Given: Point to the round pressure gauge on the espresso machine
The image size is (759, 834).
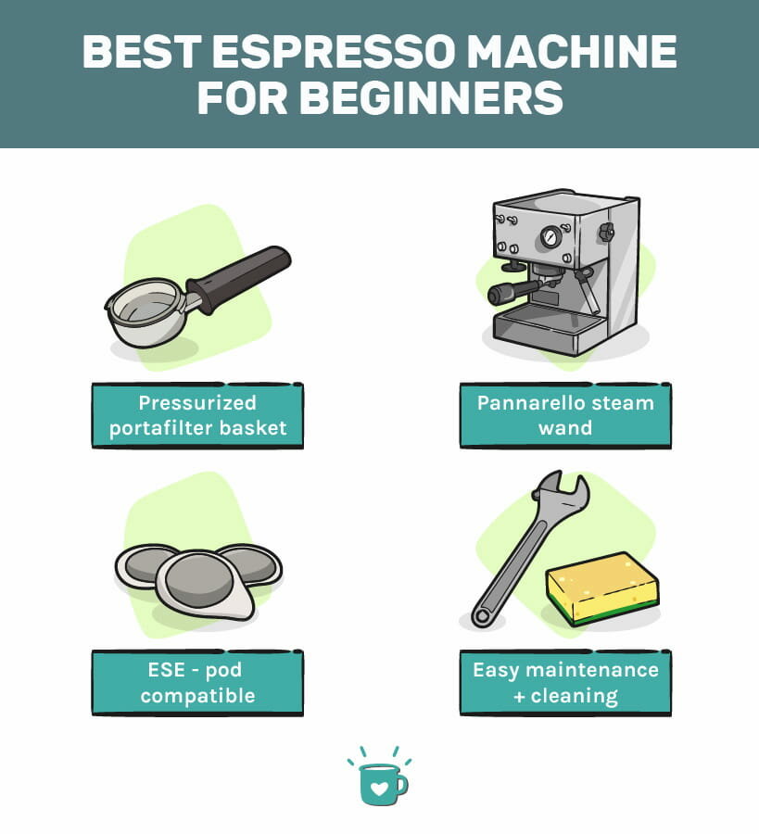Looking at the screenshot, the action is point(551,236).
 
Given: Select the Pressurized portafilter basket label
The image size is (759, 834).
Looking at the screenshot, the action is point(196,415).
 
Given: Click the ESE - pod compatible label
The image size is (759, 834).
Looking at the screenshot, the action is point(196,682).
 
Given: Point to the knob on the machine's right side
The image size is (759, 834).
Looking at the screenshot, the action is point(606,232).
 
